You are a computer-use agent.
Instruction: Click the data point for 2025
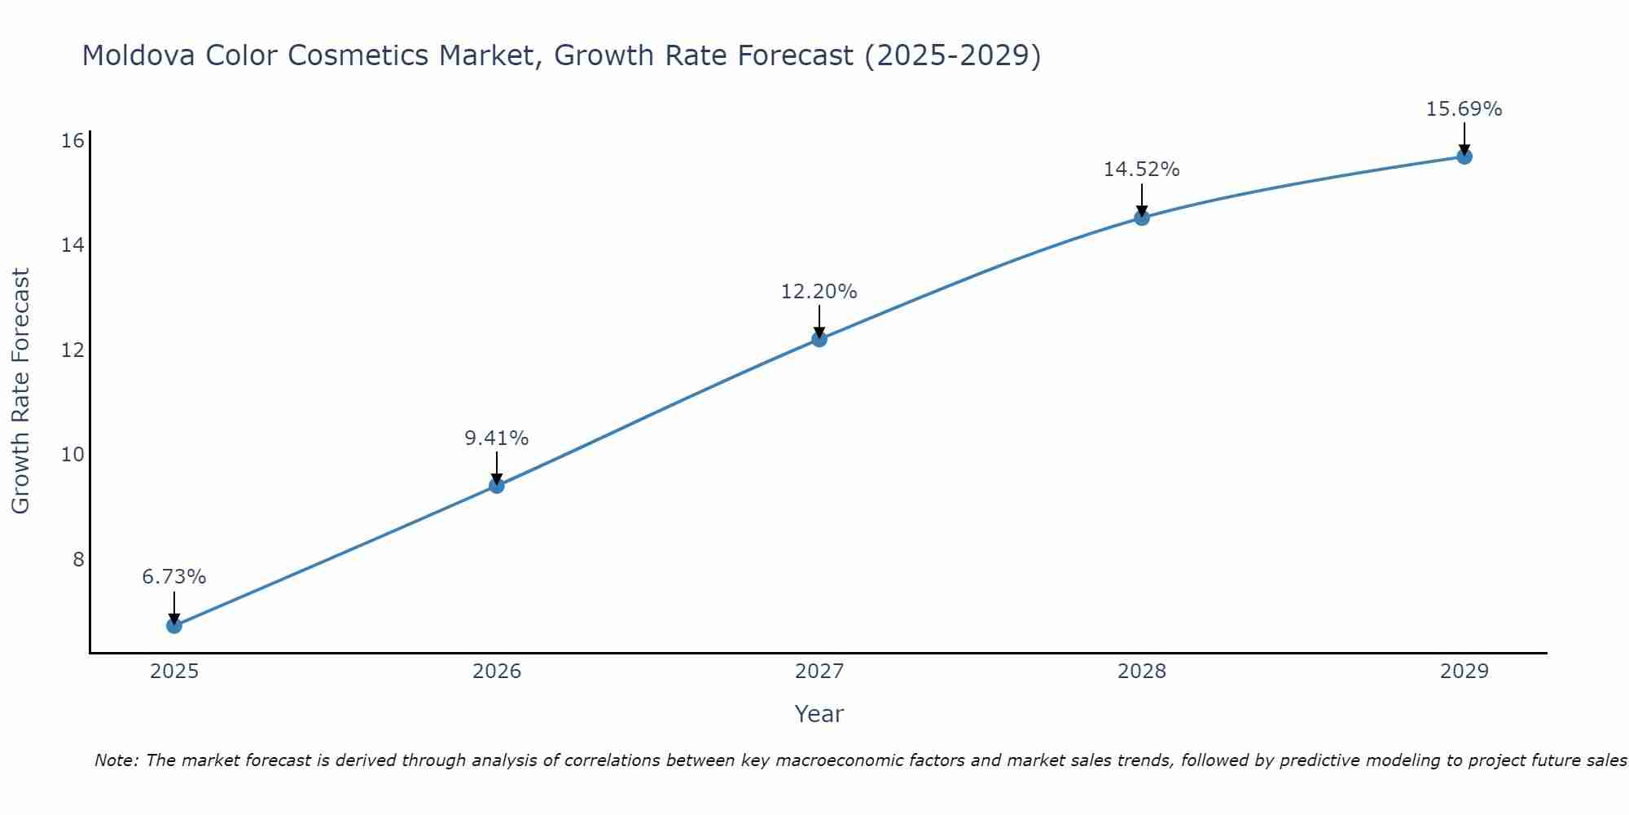click(174, 625)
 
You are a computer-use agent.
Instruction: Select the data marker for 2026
click(497, 486)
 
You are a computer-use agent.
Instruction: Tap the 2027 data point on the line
click(819, 339)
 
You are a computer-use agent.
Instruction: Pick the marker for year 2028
click(1142, 218)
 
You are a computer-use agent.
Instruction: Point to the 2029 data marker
click(1464, 156)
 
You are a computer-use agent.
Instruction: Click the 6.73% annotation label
click(174, 577)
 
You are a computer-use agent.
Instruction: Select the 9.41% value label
click(497, 438)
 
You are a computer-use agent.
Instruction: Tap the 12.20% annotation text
click(819, 292)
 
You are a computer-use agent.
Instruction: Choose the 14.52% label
click(1142, 170)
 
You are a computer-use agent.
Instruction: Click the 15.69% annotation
click(1464, 109)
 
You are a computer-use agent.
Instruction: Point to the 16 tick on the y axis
click(73, 141)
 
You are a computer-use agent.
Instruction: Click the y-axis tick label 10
click(73, 455)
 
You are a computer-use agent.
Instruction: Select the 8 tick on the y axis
click(78, 559)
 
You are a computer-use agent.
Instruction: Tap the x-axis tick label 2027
click(819, 672)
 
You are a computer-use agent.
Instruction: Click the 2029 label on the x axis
click(1464, 672)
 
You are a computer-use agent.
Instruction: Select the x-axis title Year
click(819, 714)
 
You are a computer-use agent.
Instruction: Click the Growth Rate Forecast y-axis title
click(21, 391)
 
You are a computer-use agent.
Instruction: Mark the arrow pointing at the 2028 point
click(1142, 199)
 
